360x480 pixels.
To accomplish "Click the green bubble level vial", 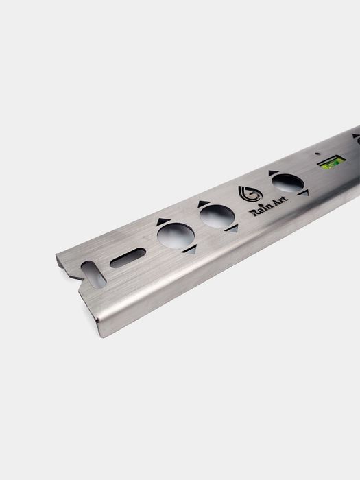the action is click(x=331, y=161).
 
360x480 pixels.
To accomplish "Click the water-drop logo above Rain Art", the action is click(x=250, y=194).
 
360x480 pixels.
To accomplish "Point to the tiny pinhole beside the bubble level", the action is click(x=317, y=154).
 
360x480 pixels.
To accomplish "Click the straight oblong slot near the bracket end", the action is click(x=128, y=258).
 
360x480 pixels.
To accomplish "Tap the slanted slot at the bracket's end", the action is click(x=93, y=274).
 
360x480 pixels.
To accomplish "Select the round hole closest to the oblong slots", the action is click(x=176, y=235).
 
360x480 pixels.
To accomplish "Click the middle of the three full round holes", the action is click(x=217, y=216).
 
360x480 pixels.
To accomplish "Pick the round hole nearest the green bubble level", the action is click(x=288, y=183).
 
